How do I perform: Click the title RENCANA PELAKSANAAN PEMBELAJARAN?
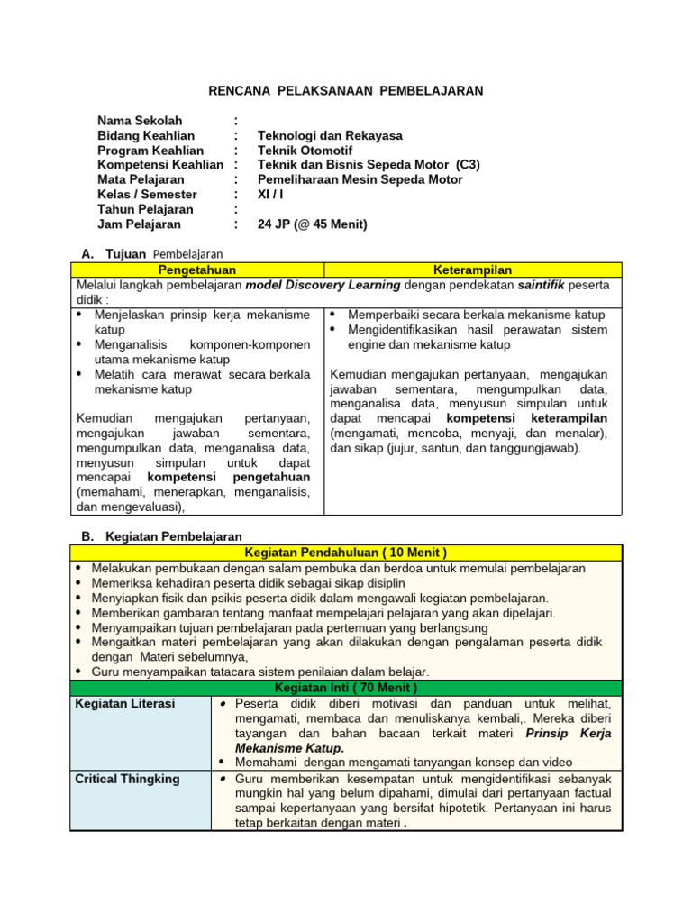pos(346,91)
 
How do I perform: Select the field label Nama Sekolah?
pos(140,121)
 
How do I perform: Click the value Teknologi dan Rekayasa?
pos(330,135)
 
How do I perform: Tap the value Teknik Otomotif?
pos(305,151)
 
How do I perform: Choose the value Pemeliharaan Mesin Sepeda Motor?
pos(360,179)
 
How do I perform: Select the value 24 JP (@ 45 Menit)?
pos(312,224)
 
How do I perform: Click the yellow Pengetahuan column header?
pos(196,270)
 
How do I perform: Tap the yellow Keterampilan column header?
pos(472,270)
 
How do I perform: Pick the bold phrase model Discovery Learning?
pos(323,285)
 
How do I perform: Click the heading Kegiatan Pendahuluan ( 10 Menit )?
pos(346,553)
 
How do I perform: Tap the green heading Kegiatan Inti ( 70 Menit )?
pos(346,688)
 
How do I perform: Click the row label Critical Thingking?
pos(128,779)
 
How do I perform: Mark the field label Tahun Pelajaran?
pos(145,209)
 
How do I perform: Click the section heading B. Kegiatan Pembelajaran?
pos(161,536)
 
